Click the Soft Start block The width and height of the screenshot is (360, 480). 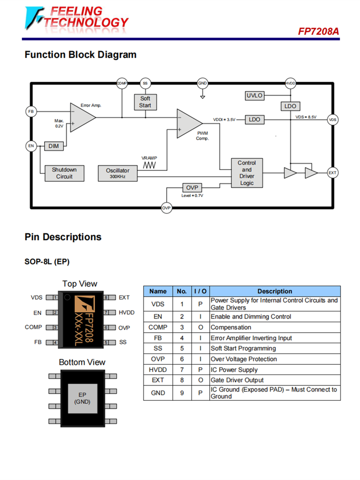pyautogui.click(x=145, y=102)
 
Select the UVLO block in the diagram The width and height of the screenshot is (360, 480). pyautogui.click(x=254, y=96)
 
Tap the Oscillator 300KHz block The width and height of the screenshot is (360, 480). pyautogui.click(x=118, y=173)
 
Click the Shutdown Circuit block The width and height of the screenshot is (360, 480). pyautogui.click(x=64, y=173)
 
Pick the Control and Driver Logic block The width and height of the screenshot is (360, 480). pyautogui.click(x=247, y=173)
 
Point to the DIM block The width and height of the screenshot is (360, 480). pyautogui.click(x=53, y=146)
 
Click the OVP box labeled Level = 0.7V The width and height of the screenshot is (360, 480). pyautogui.click(x=192, y=188)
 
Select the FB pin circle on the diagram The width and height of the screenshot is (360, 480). pyautogui.click(x=31, y=111)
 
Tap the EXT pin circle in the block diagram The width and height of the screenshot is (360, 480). pyautogui.click(x=332, y=172)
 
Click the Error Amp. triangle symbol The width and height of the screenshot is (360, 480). pyautogui.click(x=81, y=117)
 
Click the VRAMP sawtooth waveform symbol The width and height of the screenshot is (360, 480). pyautogui.click(x=150, y=165)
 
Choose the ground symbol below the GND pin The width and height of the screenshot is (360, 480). pyautogui.click(x=203, y=97)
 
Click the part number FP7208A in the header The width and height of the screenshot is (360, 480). pyautogui.click(x=318, y=31)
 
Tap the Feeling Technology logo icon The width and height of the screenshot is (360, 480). pyautogui.click(x=34, y=18)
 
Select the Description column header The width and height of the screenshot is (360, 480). pyautogui.click(x=275, y=291)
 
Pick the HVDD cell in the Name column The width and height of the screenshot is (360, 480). pyautogui.click(x=158, y=370)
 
